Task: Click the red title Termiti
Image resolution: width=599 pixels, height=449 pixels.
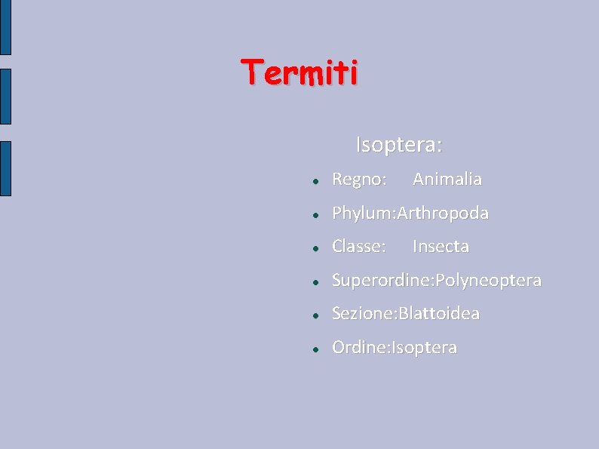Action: pos(300,73)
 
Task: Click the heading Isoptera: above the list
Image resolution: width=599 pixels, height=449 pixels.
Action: pos(399,144)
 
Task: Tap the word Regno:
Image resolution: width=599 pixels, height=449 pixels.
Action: pos(360,180)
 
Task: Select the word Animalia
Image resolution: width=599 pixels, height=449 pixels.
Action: pos(447,180)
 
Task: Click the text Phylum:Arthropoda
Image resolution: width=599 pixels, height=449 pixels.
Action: pos(410,214)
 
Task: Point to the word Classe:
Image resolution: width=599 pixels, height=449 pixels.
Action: pos(359,247)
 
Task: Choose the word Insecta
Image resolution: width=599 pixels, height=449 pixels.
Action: pos(441,247)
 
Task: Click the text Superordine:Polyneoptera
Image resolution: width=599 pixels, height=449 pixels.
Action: pos(437,281)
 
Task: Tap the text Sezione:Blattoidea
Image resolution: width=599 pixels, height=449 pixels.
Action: pos(406,314)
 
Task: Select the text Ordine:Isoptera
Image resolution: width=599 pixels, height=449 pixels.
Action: pos(395,348)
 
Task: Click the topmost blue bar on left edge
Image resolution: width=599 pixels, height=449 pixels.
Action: pos(5,27)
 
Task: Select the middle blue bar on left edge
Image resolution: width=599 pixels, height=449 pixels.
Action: pos(5,96)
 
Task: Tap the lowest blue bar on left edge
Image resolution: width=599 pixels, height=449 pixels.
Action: pos(5,168)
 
